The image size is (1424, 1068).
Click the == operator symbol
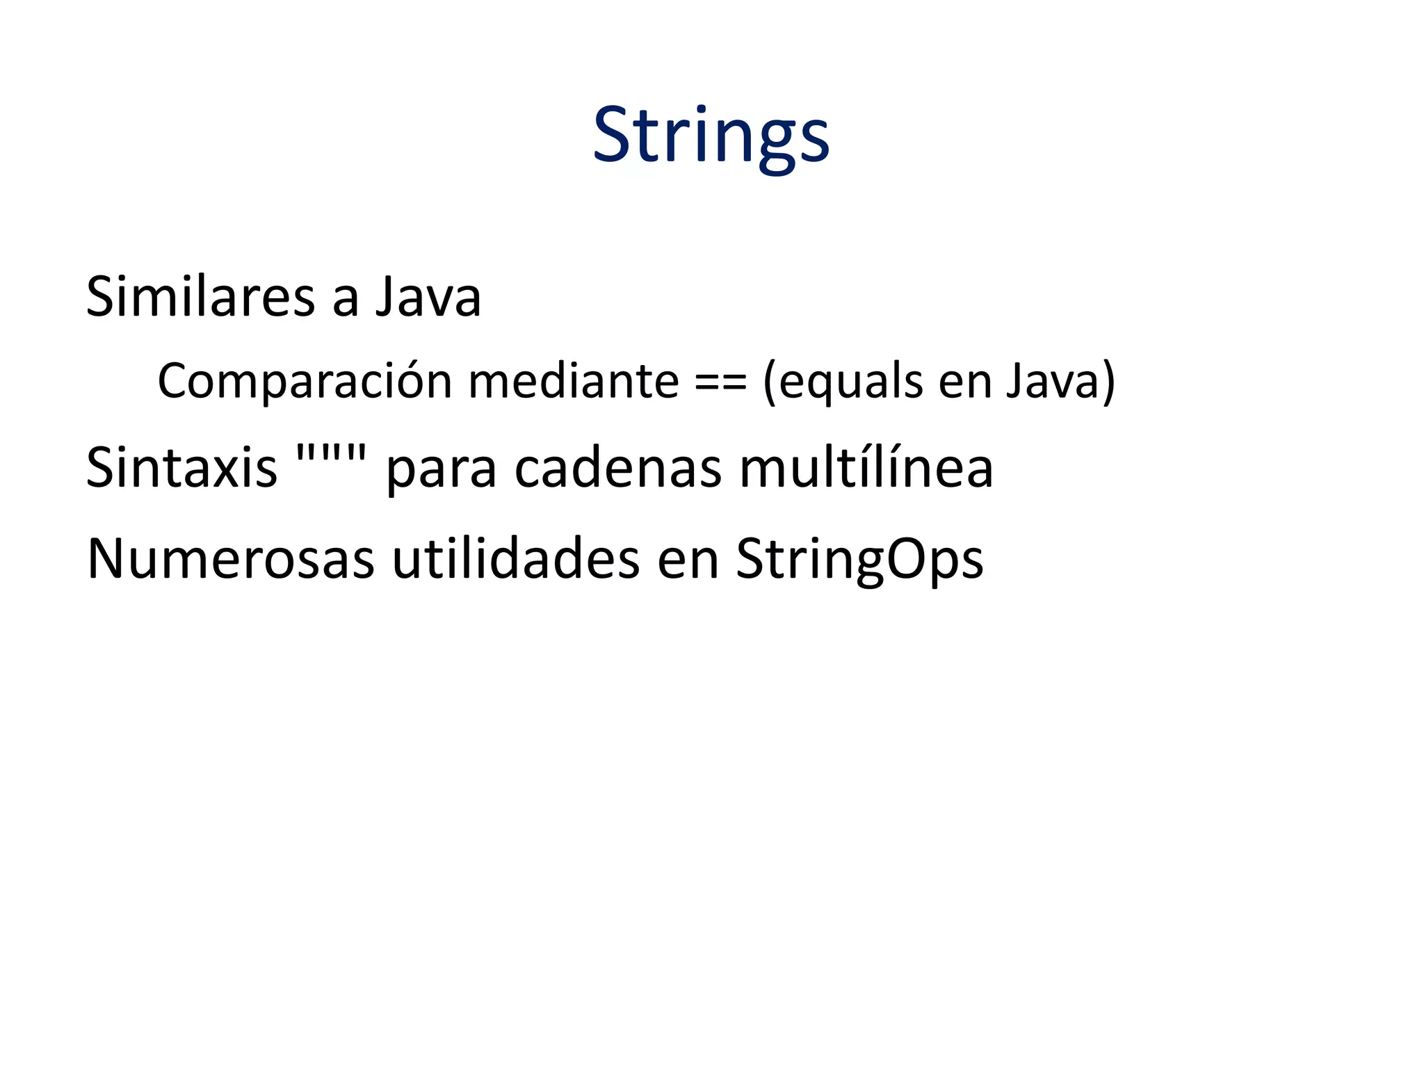(720, 383)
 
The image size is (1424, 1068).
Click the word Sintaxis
(181, 468)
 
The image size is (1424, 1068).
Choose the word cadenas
(618, 468)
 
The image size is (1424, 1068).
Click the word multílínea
(866, 468)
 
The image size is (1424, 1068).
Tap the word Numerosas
(230, 560)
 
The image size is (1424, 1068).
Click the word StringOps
(859, 560)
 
